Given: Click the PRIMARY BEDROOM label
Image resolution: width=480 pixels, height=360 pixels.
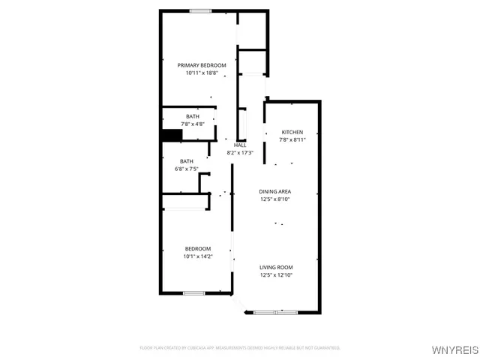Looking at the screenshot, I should pos(202,65).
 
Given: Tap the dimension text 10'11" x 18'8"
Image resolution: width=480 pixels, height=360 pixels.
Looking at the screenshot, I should pos(202,73).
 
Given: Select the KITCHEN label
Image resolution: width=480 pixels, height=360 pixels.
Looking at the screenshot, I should pos(292,131).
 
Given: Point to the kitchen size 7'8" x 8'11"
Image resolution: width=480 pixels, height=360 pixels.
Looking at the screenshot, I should pos(292,139).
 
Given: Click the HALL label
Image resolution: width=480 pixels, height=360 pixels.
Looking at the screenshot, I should pos(240,145).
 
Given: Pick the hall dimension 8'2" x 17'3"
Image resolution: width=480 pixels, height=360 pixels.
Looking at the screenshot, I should pos(240,152).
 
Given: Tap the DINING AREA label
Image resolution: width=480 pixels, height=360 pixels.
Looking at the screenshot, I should pos(275,192).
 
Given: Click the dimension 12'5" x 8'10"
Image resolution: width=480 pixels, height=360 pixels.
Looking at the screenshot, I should pos(275,199).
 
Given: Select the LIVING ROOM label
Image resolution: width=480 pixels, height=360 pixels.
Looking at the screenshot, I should pos(276,268).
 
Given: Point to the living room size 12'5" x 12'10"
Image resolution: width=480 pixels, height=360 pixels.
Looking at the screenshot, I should pos(276,275).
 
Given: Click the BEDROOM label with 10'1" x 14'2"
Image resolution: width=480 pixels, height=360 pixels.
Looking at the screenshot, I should pos(198,248).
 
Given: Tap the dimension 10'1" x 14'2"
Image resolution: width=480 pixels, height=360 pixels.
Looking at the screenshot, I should pos(198,256).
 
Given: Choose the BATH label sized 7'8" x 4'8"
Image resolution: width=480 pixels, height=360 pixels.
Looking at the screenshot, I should pos(193,116).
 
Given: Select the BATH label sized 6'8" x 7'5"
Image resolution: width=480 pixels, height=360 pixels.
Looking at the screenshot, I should pos(186,161).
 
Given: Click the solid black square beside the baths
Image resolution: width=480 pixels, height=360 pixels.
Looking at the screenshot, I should pos(172,136).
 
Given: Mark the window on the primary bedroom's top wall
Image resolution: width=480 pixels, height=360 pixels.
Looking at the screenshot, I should pos(199,10).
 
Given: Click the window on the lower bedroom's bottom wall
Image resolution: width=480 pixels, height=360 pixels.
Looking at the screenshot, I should pos(194,292).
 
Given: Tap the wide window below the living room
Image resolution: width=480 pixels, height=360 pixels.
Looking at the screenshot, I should pos(276,311).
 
